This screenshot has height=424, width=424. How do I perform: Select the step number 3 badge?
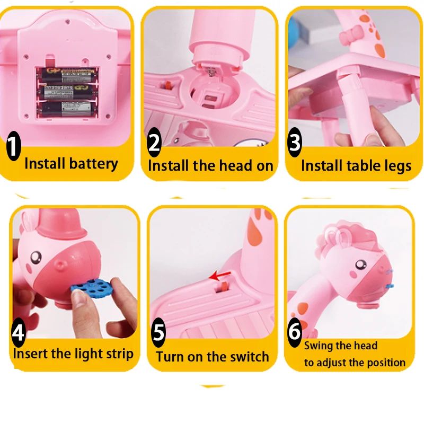point(295,143)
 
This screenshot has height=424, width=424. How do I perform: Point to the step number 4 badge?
point(19,333)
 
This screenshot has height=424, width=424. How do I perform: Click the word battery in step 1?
point(93,163)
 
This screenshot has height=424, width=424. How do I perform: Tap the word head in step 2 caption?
point(236,165)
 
